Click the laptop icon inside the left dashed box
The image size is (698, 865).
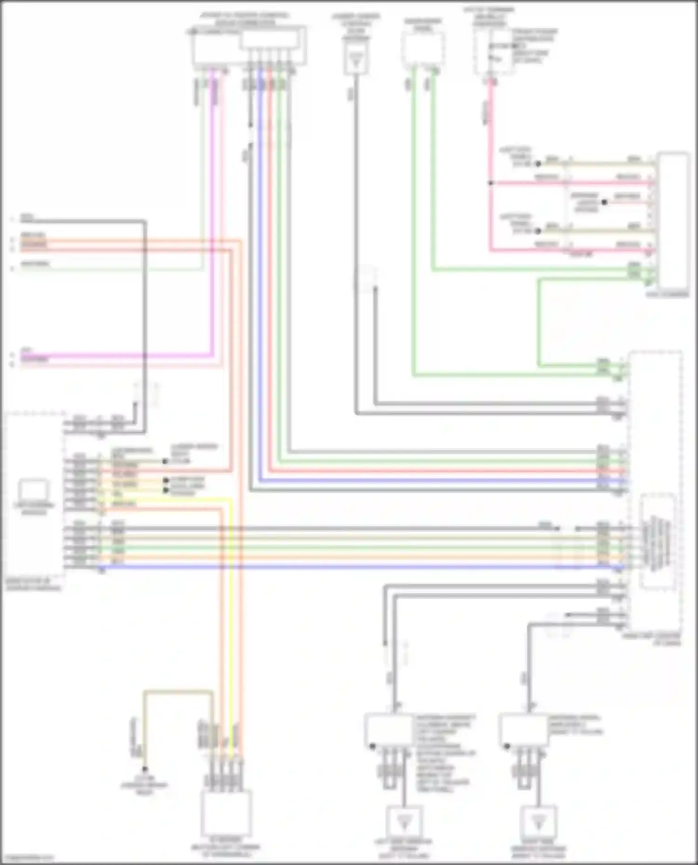click(34, 490)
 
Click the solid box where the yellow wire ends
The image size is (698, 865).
click(227, 813)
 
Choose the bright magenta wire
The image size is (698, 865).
click(212, 232)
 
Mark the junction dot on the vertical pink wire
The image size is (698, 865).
click(490, 183)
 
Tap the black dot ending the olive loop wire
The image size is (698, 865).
click(145, 769)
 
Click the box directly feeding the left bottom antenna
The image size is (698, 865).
click(389, 731)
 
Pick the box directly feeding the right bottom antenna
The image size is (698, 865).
click(523, 731)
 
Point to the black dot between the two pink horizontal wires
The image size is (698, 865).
click(604, 202)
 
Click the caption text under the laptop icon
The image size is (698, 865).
click(34, 509)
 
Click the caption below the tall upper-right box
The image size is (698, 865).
click(667, 295)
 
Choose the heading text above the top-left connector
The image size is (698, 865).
click(244, 19)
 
